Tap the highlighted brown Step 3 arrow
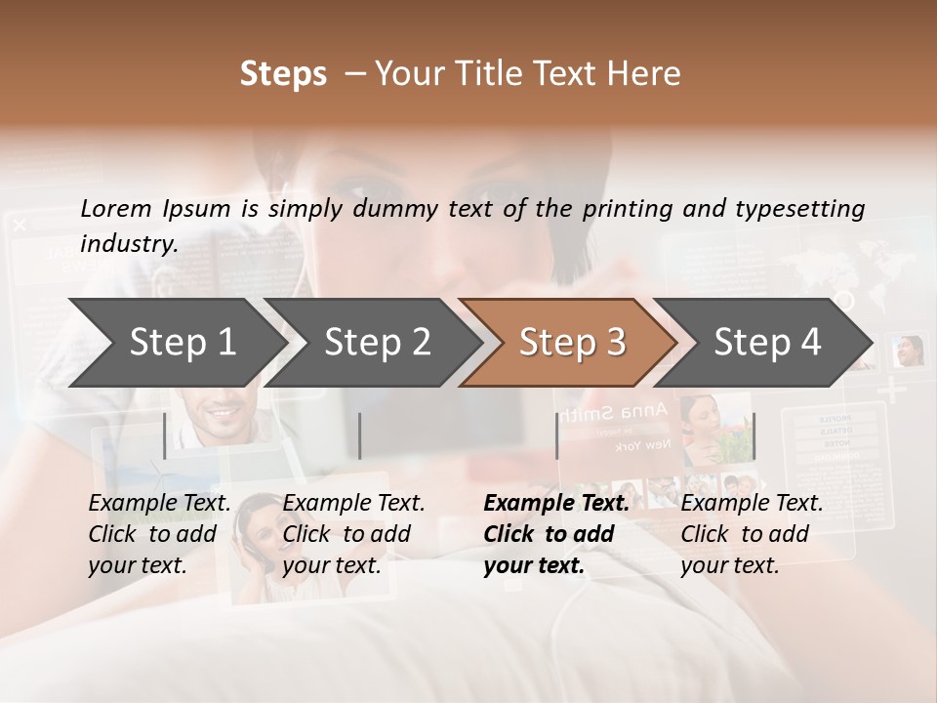pyautogui.click(x=572, y=343)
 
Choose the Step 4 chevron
pyautogui.click(x=767, y=343)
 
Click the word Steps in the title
pyautogui.click(x=283, y=74)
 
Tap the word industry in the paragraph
pyautogui.click(x=129, y=244)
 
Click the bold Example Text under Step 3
pyautogui.click(x=556, y=504)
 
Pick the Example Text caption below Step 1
pyautogui.click(x=159, y=504)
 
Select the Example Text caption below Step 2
pyautogui.click(x=353, y=504)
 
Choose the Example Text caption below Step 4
pyautogui.click(x=752, y=504)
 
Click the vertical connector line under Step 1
pyautogui.click(x=165, y=435)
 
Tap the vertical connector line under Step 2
pyautogui.click(x=360, y=435)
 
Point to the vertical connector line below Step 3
pyautogui.click(x=556, y=435)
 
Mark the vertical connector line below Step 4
pyautogui.click(x=754, y=435)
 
